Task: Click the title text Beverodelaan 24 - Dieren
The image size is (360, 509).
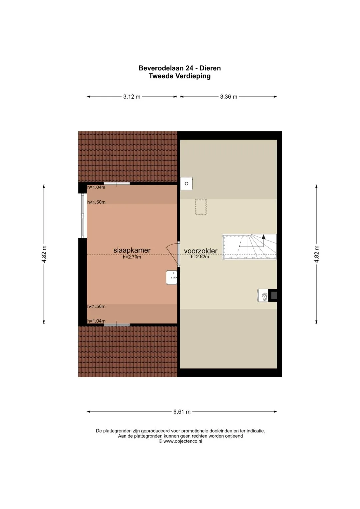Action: coord(180,68)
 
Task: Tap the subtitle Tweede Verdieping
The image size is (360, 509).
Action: coord(180,76)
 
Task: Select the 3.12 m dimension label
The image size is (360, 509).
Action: coord(132,97)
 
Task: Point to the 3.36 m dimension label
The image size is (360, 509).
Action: coord(229,97)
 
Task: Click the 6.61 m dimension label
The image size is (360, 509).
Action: coord(182,412)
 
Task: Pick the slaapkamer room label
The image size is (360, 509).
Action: coord(132,250)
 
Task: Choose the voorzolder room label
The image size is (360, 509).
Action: coord(201,251)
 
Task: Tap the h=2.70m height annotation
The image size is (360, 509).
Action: coord(132,257)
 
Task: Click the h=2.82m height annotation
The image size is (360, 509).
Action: coord(200,257)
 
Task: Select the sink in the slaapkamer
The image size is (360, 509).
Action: coord(172,277)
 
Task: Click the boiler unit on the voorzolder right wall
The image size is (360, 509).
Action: coord(267,295)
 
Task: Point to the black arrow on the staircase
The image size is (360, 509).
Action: coord(263,236)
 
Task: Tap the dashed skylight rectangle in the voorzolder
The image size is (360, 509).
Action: coord(201,207)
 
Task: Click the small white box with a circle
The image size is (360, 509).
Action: coord(186,184)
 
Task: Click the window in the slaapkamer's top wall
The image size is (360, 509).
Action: coord(117,183)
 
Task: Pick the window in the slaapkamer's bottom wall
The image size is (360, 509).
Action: coord(117,325)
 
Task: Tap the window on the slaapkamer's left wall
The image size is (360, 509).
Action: coord(83,215)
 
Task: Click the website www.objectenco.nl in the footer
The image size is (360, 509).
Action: coord(183,441)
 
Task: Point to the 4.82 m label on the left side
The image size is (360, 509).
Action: coord(44,254)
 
